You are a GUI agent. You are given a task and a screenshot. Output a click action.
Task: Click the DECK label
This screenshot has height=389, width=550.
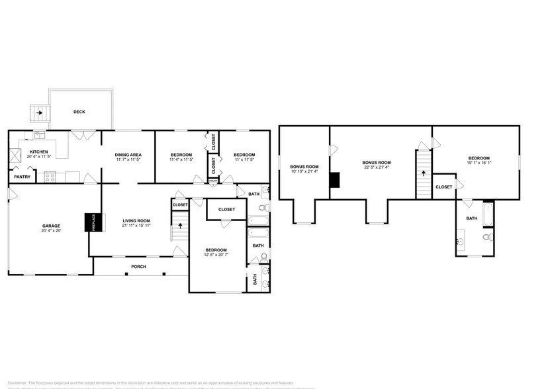click(79, 112)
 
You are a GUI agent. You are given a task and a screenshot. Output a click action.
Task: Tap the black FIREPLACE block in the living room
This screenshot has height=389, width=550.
click(90, 222)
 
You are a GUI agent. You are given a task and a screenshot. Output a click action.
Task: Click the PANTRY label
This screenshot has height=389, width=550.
click(22, 177)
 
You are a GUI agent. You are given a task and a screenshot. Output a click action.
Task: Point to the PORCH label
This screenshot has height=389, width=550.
click(138, 267)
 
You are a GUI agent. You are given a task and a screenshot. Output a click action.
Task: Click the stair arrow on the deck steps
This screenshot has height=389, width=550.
click(40, 112)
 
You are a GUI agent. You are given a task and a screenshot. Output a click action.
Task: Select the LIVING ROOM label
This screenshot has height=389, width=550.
click(136, 221)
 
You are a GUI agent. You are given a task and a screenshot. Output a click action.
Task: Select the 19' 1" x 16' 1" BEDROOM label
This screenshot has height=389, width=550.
click(479, 158)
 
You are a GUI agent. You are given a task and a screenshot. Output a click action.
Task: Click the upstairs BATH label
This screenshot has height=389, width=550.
click(471, 218)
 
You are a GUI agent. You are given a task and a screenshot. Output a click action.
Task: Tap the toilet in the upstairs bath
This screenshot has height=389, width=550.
click(487, 237)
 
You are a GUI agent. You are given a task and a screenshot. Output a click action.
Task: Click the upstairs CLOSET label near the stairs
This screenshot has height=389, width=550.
click(444, 187)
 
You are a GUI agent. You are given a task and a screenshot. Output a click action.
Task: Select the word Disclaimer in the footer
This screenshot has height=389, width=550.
click(17, 382)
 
